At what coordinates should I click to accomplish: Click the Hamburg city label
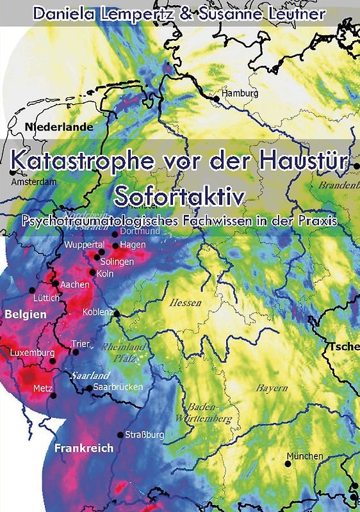[x=240, y=93]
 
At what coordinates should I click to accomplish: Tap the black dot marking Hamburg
[x=217, y=97]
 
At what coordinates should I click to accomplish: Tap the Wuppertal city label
[x=84, y=244]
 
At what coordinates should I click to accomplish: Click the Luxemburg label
[x=32, y=352]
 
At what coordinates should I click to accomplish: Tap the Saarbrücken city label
[x=117, y=388]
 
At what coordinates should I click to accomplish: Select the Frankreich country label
[x=83, y=448]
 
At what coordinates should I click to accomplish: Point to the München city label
[x=305, y=456]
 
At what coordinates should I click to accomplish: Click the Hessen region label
[x=185, y=303]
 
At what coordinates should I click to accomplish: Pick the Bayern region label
[x=272, y=388]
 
